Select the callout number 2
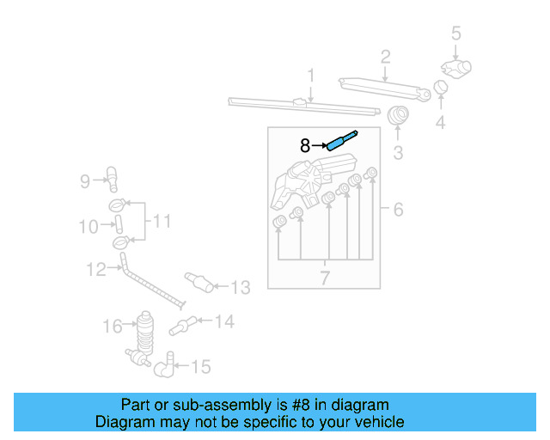(x=386, y=58)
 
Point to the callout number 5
(x=456, y=34)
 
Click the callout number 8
(x=304, y=146)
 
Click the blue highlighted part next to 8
(x=340, y=140)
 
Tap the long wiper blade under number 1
(x=305, y=106)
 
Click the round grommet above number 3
(x=398, y=115)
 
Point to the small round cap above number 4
(x=440, y=87)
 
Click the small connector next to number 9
(x=111, y=178)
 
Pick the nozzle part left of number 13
(x=199, y=281)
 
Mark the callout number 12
(x=96, y=270)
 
